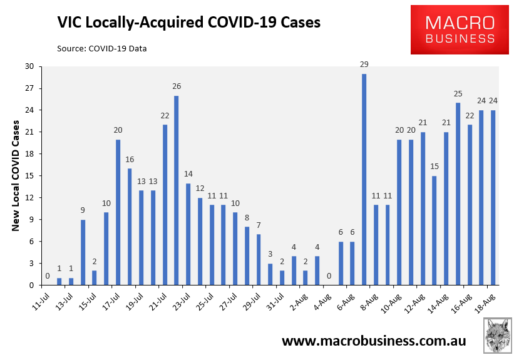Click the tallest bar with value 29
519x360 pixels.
pyautogui.click(x=364, y=180)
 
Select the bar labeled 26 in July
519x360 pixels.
pyautogui.click(x=177, y=190)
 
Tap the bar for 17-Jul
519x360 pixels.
pyautogui.click(x=118, y=212)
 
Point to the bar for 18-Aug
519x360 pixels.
pyautogui.click(x=493, y=198)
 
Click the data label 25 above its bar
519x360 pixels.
pyautogui.click(x=458, y=94)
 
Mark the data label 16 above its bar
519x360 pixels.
pyautogui.click(x=130, y=160)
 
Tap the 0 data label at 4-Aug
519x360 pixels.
pyautogui.click(x=329, y=276)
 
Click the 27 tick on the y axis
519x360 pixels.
pyautogui.click(x=29, y=88)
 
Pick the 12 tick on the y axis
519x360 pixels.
pyautogui.click(x=29, y=198)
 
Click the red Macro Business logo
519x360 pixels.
pyautogui.click(x=460, y=29)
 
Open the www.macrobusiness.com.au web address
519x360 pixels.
pyautogui.click(x=374, y=341)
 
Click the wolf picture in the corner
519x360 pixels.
pyautogui.click(x=498, y=335)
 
